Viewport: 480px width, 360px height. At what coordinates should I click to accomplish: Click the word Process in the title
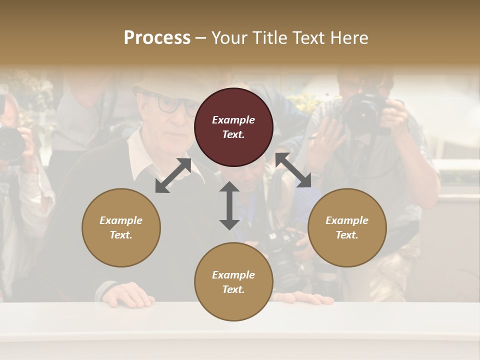click(x=157, y=37)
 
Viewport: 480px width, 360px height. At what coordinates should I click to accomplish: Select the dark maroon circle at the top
click(x=233, y=127)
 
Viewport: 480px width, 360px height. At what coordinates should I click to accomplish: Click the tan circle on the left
click(x=121, y=227)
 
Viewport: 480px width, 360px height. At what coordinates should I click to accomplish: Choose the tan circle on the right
click(x=347, y=227)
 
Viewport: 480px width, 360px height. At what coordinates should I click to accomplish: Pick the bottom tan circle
click(x=233, y=281)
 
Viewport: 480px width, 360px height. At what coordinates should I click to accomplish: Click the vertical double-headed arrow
click(x=229, y=205)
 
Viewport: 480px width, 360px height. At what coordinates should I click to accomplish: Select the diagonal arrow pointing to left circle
click(x=173, y=175)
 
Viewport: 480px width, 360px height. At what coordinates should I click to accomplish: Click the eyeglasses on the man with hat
click(x=172, y=104)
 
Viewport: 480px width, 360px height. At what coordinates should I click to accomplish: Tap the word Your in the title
click(x=230, y=37)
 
